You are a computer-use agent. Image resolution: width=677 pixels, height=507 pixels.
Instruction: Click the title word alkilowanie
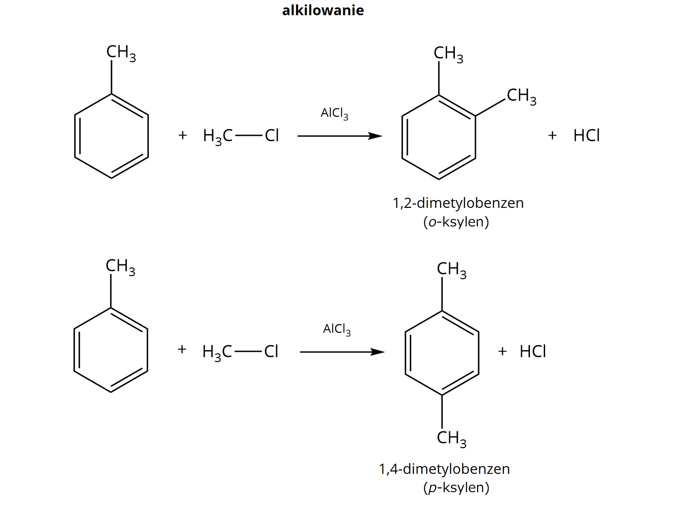coord(323,11)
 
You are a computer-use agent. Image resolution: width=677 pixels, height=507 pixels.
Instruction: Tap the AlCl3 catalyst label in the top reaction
coord(334,113)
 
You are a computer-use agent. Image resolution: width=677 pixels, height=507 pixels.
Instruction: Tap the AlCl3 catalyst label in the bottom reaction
coord(337,329)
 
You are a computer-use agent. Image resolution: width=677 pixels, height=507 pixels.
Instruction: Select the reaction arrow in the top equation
coord(340,136)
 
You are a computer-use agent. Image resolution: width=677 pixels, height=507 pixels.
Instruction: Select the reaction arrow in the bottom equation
coord(342,352)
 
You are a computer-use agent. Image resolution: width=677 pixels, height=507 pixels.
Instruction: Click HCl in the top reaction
coord(586,135)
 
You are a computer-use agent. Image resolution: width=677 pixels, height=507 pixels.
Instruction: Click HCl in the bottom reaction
coord(532,351)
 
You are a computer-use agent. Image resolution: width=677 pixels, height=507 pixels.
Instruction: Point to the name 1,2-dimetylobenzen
coord(458,203)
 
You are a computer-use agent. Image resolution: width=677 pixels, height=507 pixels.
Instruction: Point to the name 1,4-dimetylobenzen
coord(444,469)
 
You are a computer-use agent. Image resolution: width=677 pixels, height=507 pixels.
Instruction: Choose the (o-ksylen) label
coord(456,222)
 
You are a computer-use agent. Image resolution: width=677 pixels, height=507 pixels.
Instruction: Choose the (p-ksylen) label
coord(456,488)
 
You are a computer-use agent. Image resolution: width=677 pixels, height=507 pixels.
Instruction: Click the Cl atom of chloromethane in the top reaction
coord(272,135)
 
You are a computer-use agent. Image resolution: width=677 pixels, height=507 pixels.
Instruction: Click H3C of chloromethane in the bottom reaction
coord(217,352)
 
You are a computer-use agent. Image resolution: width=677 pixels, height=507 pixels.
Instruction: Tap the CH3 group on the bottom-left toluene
coord(120,267)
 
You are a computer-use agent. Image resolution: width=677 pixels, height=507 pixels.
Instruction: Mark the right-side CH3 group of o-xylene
coord(521,96)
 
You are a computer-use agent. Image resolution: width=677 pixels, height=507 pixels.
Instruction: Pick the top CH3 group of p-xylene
coord(451,270)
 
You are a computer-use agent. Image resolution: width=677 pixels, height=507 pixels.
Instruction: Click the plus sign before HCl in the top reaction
coord(552,135)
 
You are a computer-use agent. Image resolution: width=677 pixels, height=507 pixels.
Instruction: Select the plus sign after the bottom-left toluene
coord(182,350)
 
